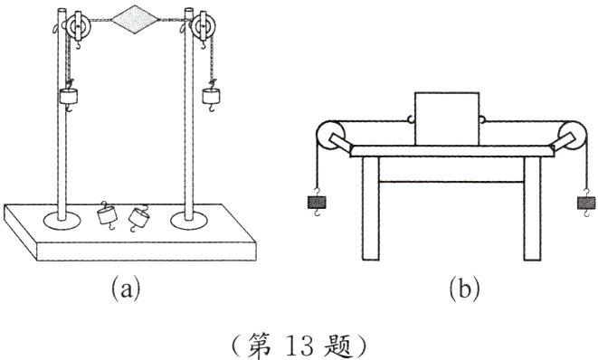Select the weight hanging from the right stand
tap(213, 96)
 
